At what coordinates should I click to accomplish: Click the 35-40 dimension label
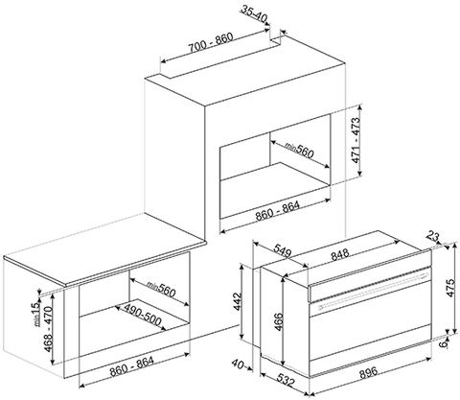coord(253,14)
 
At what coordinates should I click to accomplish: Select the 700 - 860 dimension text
coord(211,42)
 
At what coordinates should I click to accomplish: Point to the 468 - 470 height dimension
coord(48,329)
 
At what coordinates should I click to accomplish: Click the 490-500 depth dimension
coord(142,315)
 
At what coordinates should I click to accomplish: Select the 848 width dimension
coord(339,255)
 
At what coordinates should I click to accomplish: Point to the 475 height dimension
coord(449,288)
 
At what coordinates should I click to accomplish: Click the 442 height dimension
coord(238,301)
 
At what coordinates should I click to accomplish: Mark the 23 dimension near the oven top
coord(433,238)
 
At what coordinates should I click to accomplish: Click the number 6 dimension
coord(450,343)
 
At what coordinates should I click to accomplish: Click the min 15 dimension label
coord(37,314)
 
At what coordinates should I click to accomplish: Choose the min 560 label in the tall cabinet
coord(299,150)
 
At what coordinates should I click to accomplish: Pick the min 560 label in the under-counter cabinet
coord(162,289)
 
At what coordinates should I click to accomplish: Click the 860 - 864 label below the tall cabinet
coord(277,211)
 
